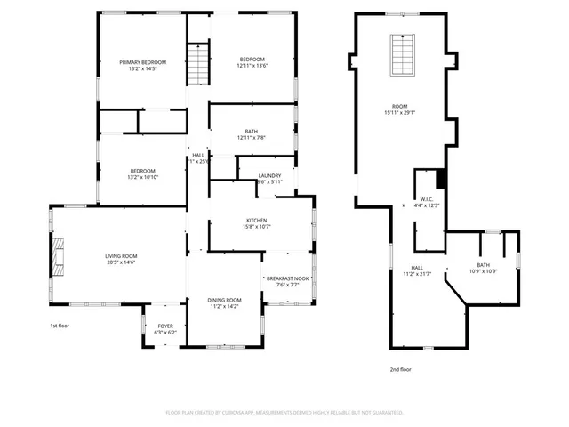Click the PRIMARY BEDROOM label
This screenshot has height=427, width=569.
pos(143,61)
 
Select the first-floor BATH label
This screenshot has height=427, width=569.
pos(252,132)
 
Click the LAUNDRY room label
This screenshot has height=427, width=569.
pos(269,176)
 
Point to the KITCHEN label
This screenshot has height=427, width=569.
pos(257,221)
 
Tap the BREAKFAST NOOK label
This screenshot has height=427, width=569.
pos(287,278)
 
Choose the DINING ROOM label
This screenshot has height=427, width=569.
pos(224,301)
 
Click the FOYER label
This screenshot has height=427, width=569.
pos(166,326)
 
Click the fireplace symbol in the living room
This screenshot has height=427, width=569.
pos(58,254)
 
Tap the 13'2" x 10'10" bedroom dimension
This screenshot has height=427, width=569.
pos(143,177)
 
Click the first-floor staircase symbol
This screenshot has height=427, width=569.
pos(196,64)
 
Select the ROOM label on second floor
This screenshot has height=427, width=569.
pos(400,105)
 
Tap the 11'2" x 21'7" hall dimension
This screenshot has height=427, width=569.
pos(417,274)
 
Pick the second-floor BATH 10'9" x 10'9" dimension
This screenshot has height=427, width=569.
pos(483,271)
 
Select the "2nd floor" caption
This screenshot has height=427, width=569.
pos(400,368)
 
